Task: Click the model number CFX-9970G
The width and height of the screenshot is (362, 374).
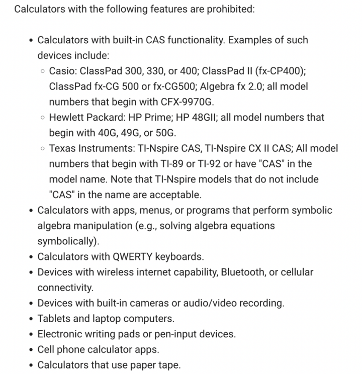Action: [x=187, y=102]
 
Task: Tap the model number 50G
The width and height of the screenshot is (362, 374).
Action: [x=166, y=133]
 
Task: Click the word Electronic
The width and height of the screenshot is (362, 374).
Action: [x=62, y=334]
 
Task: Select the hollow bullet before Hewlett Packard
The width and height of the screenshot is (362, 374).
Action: [x=43, y=118]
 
